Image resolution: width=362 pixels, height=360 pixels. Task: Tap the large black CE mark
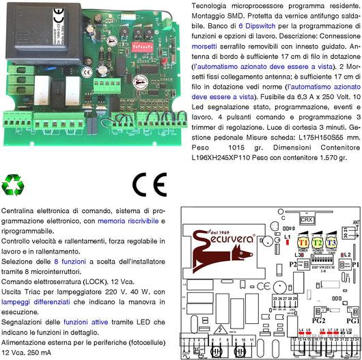150,185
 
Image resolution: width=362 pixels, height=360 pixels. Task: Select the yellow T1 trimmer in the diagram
303,243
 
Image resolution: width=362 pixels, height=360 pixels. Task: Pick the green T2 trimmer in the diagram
317,243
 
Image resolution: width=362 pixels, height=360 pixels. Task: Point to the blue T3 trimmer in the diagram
331,243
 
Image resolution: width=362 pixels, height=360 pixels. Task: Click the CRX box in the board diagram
307,220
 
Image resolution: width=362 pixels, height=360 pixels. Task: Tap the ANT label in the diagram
354,221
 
